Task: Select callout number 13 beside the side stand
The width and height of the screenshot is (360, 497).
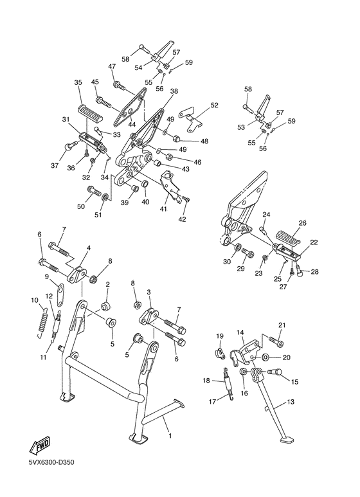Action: click(291, 402)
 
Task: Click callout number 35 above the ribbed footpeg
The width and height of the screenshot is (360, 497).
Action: click(78, 82)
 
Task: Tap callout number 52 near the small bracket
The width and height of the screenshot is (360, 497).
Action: click(214, 105)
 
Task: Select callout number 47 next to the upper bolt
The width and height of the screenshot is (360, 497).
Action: click(111, 67)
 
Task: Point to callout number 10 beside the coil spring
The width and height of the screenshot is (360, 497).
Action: click(34, 300)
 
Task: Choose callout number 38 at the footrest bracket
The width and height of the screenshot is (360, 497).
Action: click(174, 92)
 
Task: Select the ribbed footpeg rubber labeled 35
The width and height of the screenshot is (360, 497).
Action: click(91, 113)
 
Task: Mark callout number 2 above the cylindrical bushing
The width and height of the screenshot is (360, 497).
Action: click(107, 284)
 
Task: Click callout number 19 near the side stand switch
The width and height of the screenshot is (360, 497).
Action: click(219, 336)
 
